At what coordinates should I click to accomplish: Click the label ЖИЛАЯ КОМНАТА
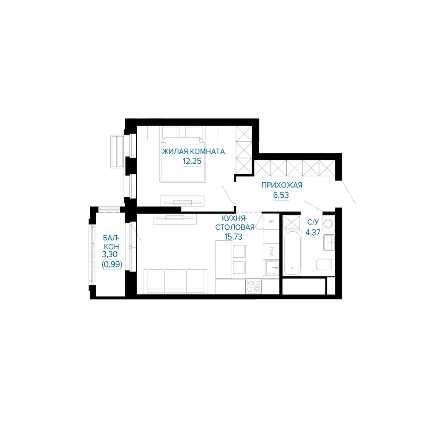pyautogui.click(x=193, y=151)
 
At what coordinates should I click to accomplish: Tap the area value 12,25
pyautogui.click(x=192, y=161)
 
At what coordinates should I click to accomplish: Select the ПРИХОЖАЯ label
pyautogui.click(x=282, y=185)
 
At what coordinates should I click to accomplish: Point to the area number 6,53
pyautogui.click(x=281, y=195)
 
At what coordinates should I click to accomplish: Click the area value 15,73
pyautogui.click(x=233, y=236)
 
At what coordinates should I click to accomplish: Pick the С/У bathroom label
pyautogui.click(x=313, y=222)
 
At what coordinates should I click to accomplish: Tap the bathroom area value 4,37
pyautogui.click(x=313, y=232)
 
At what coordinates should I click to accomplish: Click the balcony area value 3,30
pyautogui.click(x=110, y=255)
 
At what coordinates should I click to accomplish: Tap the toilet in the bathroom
pyautogui.click(x=325, y=265)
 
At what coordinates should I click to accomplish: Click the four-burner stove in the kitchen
pyautogui.click(x=253, y=286)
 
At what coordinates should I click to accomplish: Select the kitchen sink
pyautogui.click(x=271, y=268)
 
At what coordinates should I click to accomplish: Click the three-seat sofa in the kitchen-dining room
pyautogui.click(x=176, y=282)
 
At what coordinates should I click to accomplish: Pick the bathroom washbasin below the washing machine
pyautogui.click(x=329, y=242)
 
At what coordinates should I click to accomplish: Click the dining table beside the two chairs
pyautogui.click(x=224, y=259)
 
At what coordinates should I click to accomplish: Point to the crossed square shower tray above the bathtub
pyautogui.click(x=291, y=222)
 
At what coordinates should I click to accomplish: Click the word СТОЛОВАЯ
pyautogui.click(x=235, y=227)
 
